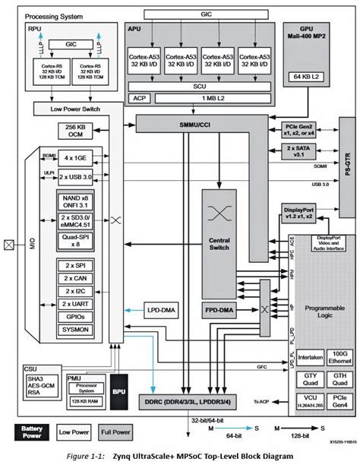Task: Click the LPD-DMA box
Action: (159, 311)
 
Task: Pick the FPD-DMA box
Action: (220, 311)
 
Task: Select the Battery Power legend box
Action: (30, 432)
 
